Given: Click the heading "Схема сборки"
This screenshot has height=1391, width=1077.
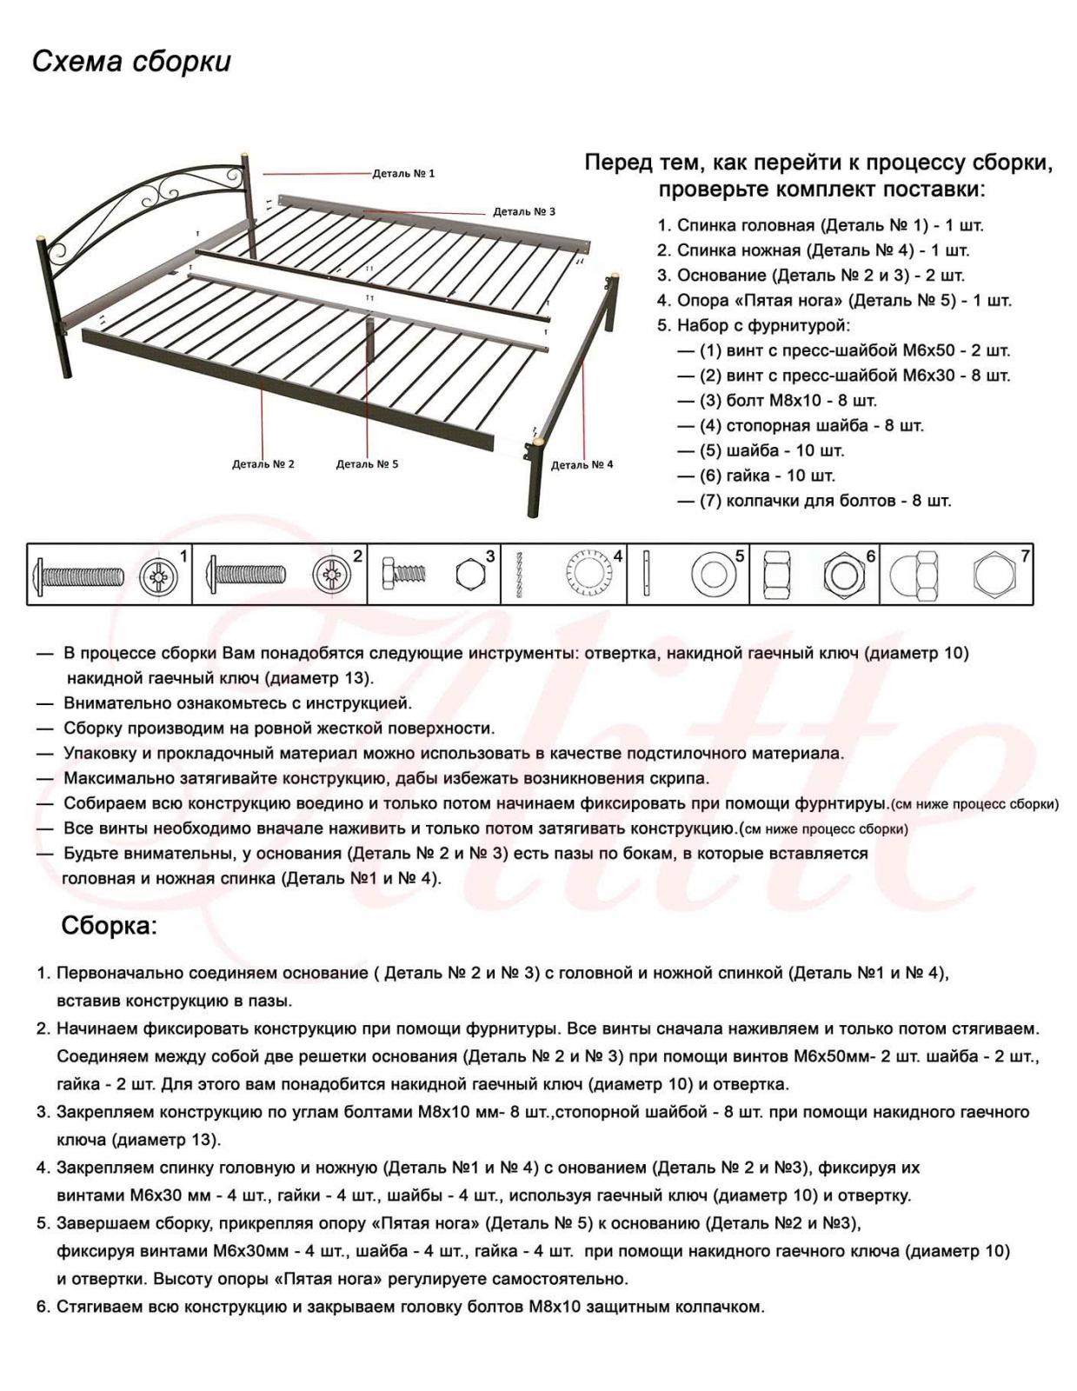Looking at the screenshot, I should pos(131,63).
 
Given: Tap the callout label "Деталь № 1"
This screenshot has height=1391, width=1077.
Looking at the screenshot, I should pos(403,173).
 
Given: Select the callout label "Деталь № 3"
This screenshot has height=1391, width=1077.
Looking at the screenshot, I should pos(523,211).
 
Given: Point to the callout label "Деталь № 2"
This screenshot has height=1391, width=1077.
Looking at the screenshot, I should pos(263,464).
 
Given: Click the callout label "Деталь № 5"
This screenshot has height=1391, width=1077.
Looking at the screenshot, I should pos(367,464).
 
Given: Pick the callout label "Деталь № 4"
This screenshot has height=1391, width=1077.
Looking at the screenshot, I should pos(582,465).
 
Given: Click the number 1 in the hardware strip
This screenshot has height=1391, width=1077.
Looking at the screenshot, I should pos(183,556).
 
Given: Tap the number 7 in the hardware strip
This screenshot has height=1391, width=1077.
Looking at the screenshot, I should pos(1025,556).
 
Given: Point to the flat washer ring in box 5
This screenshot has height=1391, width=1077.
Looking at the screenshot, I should pos(715,575).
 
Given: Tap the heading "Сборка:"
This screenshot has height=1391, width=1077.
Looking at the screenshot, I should pos(110,926).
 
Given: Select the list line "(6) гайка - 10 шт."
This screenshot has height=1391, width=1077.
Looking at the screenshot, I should pos(768,476).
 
